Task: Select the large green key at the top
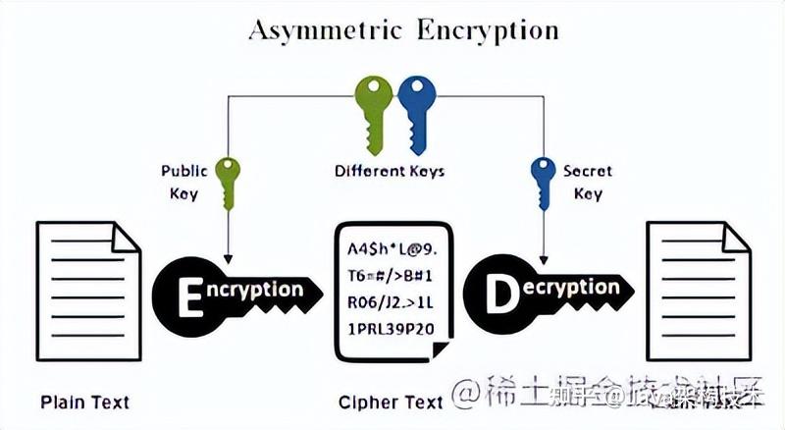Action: point(374,106)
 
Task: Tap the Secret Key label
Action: point(587,182)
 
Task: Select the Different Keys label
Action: point(390,171)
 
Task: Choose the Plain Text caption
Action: point(84,403)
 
